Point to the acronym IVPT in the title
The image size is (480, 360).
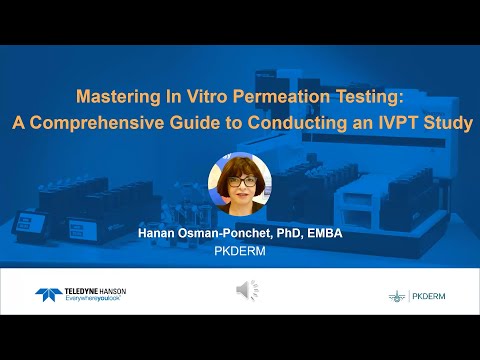click(x=396, y=124)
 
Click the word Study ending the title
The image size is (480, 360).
click(x=447, y=124)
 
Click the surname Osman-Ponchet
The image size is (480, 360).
click(x=227, y=233)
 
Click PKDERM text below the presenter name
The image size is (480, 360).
click(x=240, y=252)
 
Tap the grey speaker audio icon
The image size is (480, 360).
click(x=247, y=291)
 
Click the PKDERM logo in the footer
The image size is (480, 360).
click(x=418, y=296)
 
